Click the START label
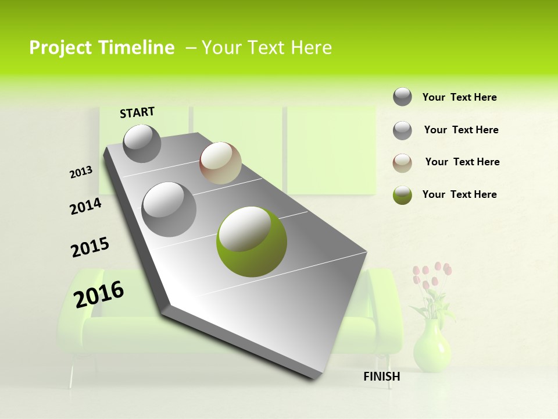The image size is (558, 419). [137, 112]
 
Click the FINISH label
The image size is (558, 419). [382, 377]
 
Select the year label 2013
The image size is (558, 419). [81, 172]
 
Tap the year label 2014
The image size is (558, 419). [85, 207]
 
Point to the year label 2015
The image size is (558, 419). [90, 247]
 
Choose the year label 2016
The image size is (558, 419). [99, 294]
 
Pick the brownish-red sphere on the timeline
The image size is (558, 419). [220, 163]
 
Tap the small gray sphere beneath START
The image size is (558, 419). [142, 143]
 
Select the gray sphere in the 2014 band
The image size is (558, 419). [169, 209]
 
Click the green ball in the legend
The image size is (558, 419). [402, 195]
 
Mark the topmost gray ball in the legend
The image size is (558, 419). [402, 97]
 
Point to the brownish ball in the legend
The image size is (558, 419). [402, 163]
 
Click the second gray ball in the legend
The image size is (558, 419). [402, 130]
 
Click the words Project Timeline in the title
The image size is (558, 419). [102, 48]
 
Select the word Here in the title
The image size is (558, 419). [311, 48]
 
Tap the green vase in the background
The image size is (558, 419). [432, 347]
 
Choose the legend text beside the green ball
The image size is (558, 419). [459, 194]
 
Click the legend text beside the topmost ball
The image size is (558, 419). [459, 97]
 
